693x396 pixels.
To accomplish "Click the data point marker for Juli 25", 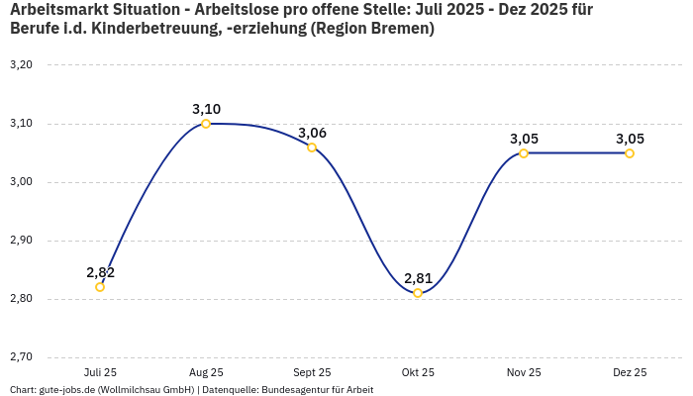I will [100, 287].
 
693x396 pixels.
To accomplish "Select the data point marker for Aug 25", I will [206, 124].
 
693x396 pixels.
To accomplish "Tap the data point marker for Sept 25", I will [312, 148].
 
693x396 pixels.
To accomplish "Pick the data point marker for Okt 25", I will [418, 293].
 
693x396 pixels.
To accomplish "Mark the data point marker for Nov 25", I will [524, 153].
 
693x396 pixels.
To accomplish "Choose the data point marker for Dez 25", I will [630, 153].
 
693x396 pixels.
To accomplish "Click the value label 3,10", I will [206, 109].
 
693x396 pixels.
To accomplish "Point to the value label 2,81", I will [418, 278].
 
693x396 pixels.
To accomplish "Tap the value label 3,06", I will [312, 133].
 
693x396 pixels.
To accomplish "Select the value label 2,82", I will [100, 272].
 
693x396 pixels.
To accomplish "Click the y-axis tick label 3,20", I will [21, 65].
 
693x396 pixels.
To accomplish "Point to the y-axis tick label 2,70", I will [21, 357].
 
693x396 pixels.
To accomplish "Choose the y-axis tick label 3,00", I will [21, 182].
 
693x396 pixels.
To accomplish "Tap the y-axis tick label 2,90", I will [21, 241].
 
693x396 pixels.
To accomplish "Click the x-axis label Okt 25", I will [418, 372].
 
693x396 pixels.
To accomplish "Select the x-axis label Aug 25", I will [206, 372].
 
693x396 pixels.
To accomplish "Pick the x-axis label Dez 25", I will [630, 372].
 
